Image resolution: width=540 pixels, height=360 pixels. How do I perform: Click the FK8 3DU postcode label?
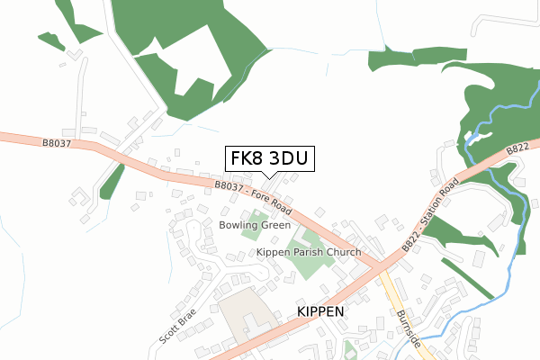pyautogui.click(x=269, y=159)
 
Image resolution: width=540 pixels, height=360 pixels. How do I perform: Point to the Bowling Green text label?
pyautogui.click(x=255, y=224)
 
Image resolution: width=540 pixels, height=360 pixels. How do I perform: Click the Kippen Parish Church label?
pyautogui.click(x=309, y=253)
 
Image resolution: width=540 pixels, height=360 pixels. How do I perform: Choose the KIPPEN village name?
pyautogui.click(x=320, y=310)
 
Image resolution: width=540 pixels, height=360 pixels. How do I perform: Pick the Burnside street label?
pyautogui.click(x=407, y=328)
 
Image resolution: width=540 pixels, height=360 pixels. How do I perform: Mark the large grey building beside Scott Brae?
pyautogui.click(x=241, y=312)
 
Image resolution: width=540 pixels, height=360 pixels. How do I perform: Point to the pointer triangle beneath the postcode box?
pyautogui.click(x=269, y=175)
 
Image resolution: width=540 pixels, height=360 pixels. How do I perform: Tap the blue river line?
pyautogui.click(x=517, y=243)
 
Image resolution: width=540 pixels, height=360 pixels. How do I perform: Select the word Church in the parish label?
pyautogui.click(x=342, y=253)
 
